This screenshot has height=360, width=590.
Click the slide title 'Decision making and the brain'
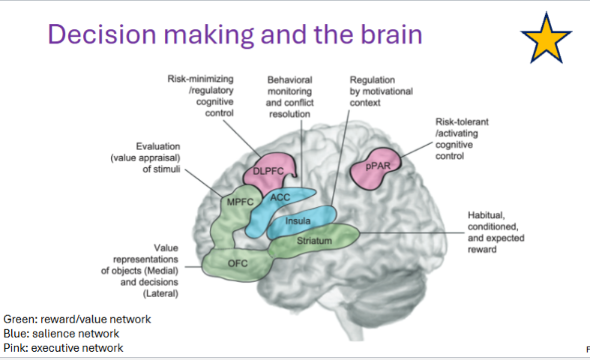(235, 34)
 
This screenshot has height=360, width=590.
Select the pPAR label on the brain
(379, 166)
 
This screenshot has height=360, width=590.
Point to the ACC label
(280, 197)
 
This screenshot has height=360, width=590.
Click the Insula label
(298, 221)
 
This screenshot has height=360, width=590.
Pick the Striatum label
(313, 240)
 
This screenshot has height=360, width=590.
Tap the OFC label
(238, 262)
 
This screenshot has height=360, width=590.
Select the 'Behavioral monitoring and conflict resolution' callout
(289, 96)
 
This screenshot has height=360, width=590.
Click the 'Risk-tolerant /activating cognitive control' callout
(462, 138)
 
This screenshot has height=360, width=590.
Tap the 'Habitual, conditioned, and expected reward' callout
(496, 232)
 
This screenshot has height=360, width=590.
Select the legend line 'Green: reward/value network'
(77, 319)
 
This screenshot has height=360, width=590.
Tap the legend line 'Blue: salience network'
(61, 333)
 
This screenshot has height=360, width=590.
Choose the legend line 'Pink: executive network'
(64, 347)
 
